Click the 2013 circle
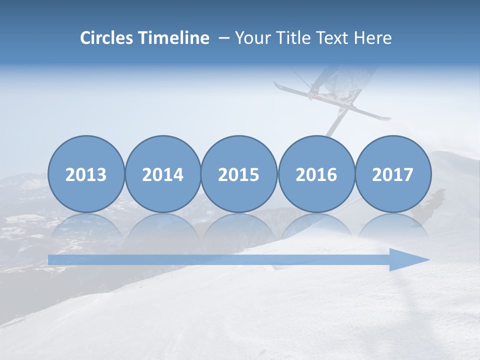pyautogui.click(x=86, y=174)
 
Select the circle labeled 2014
pyautogui.click(x=163, y=174)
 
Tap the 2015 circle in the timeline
pyautogui.click(x=239, y=174)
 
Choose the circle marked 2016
pyautogui.click(x=316, y=174)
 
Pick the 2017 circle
pyautogui.click(x=393, y=174)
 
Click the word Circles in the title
pyautogui.click(x=107, y=38)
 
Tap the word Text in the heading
pyautogui.click(x=329, y=38)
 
